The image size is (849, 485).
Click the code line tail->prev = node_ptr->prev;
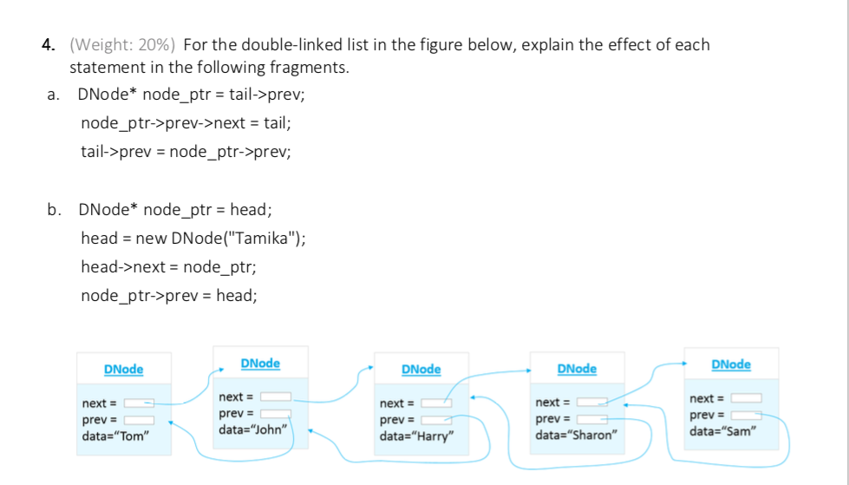coord(186,152)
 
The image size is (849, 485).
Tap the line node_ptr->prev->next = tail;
coord(186,123)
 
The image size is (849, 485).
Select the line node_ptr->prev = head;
coord(169,295)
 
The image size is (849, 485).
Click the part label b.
coord(55,209)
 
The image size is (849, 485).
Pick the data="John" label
coord(253,429)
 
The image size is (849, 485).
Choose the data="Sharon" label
coord(576,435)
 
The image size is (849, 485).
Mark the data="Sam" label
coord(723,430)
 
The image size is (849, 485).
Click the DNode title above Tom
coord(123,370)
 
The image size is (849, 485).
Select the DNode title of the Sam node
coord(730,364)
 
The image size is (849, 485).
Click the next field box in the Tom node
coord(140,403)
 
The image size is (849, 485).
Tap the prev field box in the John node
coord(276,414)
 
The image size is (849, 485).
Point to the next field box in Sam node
coord(747,398)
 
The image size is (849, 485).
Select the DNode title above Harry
coord(421,370)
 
